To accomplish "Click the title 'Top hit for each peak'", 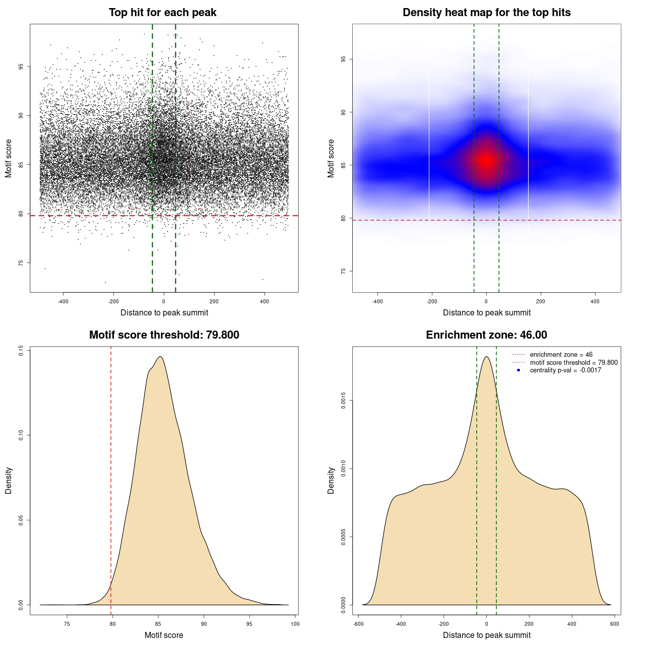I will [x=163, y=13].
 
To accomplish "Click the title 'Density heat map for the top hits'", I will [x=486, y=13].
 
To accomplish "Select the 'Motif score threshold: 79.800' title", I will [x=164, y=335].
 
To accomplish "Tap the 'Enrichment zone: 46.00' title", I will [x=486, y=335].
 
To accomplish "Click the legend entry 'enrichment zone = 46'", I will [x=561, y=355].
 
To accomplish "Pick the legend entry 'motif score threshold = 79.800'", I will [x=573, y=362].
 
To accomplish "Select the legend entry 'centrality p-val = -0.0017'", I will [x=565, y=370].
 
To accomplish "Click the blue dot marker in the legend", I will [x=519, y=370].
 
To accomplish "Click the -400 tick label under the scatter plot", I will [x=63, y=301].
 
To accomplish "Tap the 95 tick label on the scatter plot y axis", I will [x=21, y=67].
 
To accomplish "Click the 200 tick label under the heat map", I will [x=541, y=301].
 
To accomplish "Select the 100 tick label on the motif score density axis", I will [x=295, y=624].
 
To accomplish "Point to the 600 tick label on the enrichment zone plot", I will [x=614, y=624].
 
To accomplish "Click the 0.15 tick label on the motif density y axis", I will [x=21, y=351].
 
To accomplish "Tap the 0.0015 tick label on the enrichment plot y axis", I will [x=344, y=401].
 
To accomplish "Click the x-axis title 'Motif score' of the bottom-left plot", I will [x=164, y=635].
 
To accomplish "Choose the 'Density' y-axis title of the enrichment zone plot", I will [x=331, y=480].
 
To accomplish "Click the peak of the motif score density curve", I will [x=160, y=357].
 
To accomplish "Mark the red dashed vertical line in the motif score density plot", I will [x=111, y=479].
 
